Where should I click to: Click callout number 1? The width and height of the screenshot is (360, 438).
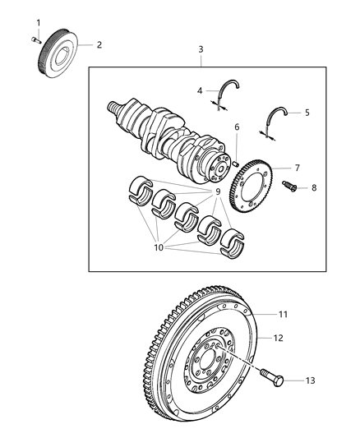[x=36, y=21]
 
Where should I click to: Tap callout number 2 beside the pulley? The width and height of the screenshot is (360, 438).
[x=99, y=44]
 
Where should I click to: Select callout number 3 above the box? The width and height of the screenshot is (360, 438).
[x=201, y=50]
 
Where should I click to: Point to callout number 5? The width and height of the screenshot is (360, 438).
[x=307, y=113]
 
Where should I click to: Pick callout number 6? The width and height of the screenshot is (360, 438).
[x=237, y=127]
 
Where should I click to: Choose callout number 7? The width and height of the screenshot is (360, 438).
[x=297, y=168]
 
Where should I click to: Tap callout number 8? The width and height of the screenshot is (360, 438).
[x=313, y=188]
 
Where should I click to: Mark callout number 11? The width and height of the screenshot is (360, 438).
[x=283, y=315]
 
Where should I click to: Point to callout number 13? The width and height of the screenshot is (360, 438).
[x=309, y=380]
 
